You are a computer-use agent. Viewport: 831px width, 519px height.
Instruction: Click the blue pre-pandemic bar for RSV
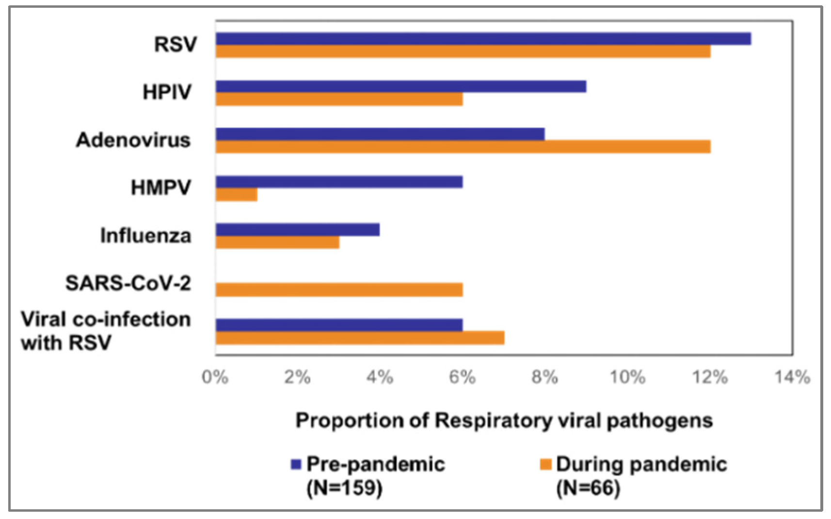[483, 39]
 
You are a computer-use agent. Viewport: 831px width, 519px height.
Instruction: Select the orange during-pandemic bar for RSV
[463, 51]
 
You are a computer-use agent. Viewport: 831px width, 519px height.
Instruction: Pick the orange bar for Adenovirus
[463, 147]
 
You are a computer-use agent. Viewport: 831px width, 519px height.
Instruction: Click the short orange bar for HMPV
[237, 195]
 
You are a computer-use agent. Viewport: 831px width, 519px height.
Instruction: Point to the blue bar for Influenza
[298, 230]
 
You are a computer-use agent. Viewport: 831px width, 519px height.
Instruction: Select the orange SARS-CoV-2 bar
[339, 290]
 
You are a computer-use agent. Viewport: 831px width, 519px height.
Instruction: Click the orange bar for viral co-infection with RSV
[360, 338]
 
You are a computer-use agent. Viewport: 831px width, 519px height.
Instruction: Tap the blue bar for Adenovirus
[380, 134]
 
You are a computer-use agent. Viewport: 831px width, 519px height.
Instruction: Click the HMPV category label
[161, 187]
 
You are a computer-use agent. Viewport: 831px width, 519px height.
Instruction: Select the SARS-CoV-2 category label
[128, 283]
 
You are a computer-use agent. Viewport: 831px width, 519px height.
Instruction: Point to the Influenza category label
[145, 235]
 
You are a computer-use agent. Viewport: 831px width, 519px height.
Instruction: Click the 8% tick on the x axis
[545, 377]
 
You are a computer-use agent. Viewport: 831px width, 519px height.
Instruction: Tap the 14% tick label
[792, 377]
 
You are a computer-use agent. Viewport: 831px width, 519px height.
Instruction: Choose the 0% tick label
[215, 377]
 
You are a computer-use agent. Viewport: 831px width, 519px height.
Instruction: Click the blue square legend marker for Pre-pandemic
[296, 465]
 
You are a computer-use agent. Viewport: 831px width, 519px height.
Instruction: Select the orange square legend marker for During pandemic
[546, 465]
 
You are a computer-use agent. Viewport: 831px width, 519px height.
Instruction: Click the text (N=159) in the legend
[344, 487]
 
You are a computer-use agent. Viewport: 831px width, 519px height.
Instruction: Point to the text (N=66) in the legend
[588, 487]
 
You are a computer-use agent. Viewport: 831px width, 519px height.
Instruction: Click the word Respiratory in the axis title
[494, 420]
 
